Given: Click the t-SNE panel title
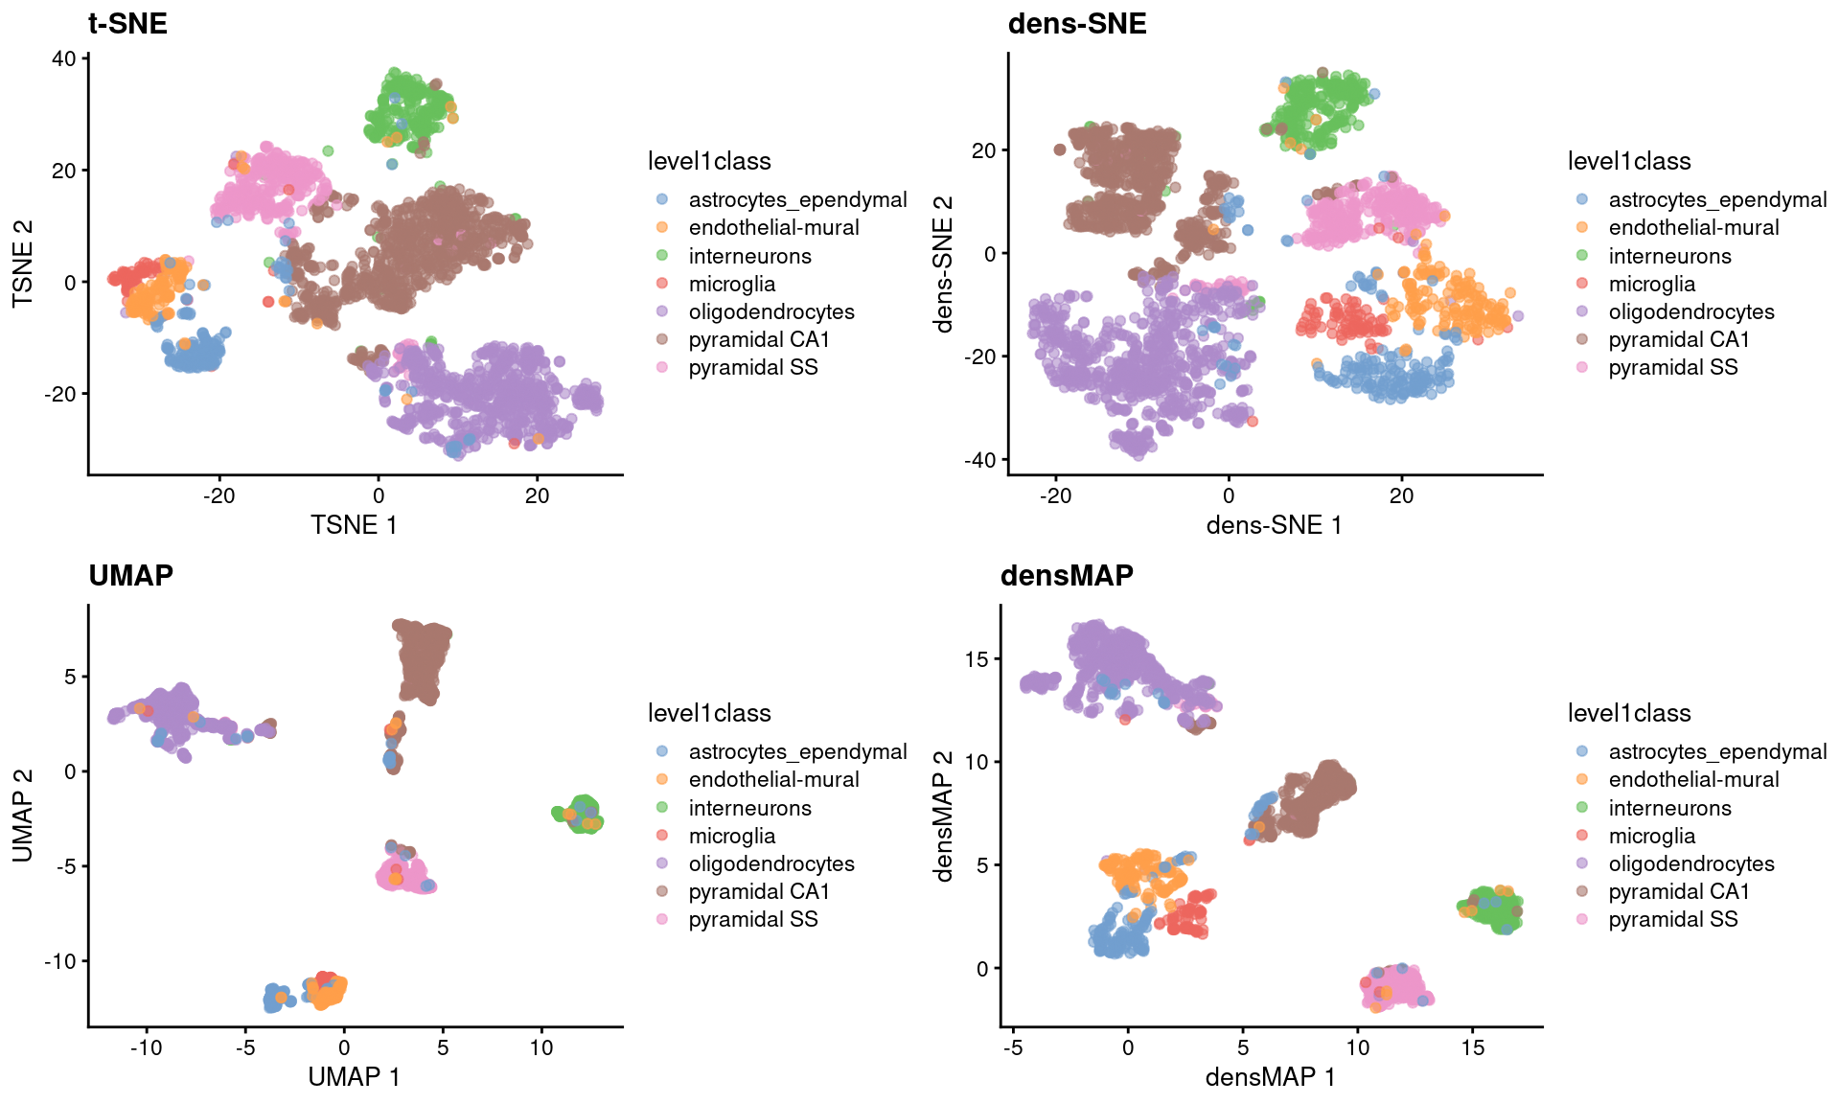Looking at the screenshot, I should (x=127, y=23).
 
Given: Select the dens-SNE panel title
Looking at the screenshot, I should (x=1076, y=23).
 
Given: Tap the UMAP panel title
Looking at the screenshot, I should (x=130, y=575).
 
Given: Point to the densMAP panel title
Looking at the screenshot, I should (x=1066, y=575).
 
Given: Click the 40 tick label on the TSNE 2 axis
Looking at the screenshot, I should (x=63, y=58).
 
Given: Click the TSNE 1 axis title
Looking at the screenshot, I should (x=354, y=525).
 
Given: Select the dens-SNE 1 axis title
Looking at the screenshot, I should (x=1274, y=525).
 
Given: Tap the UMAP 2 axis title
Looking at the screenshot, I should (x=23, y=815).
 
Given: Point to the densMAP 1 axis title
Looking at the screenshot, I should (x=1270, y=1077).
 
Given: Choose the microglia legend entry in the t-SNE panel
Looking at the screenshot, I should (x=731, y=284).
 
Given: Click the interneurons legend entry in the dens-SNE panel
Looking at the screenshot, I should (x=1669, y=256).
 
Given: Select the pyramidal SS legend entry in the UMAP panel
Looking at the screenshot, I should (x=752, y=919).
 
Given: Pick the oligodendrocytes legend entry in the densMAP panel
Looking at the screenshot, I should (x=1690, y=863).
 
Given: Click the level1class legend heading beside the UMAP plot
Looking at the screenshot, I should (x=709, y=713).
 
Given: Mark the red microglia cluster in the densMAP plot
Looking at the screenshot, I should (x=1188, y=915).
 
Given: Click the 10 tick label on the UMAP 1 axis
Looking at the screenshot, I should (x=541, y=1047).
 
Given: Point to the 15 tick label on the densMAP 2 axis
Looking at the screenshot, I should (x=977, y=659).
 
